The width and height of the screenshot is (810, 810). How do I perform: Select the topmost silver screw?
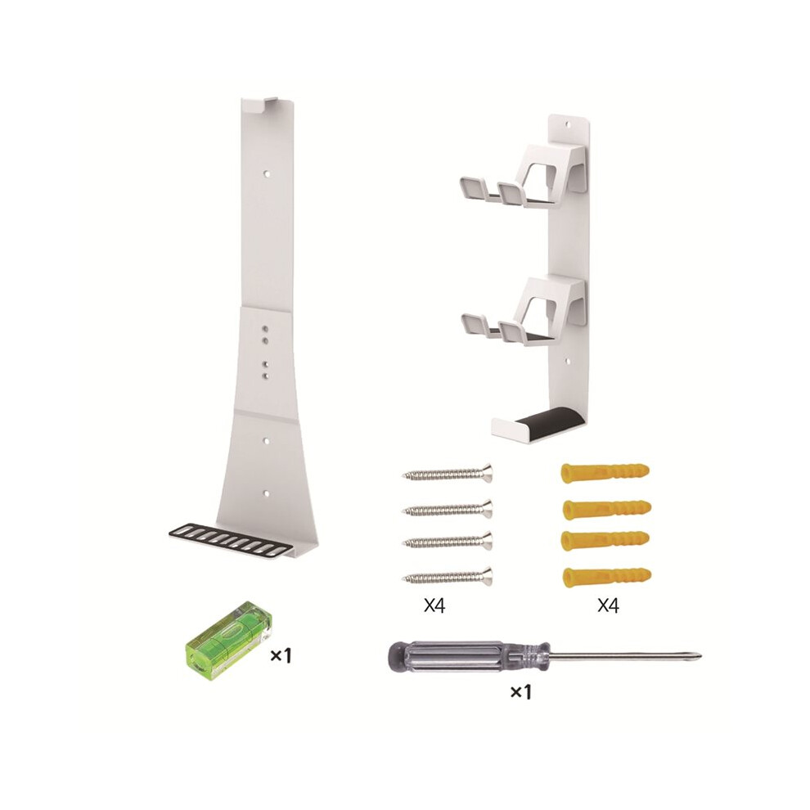448,473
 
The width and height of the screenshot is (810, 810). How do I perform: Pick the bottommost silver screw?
448,576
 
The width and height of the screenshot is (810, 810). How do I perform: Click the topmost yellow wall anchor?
605,472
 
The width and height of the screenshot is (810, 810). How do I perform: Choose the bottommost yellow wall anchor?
606,575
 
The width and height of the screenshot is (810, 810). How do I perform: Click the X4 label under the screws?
434,605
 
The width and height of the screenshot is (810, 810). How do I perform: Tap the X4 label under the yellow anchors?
608,605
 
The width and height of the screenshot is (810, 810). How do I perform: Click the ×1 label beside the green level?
281,655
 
